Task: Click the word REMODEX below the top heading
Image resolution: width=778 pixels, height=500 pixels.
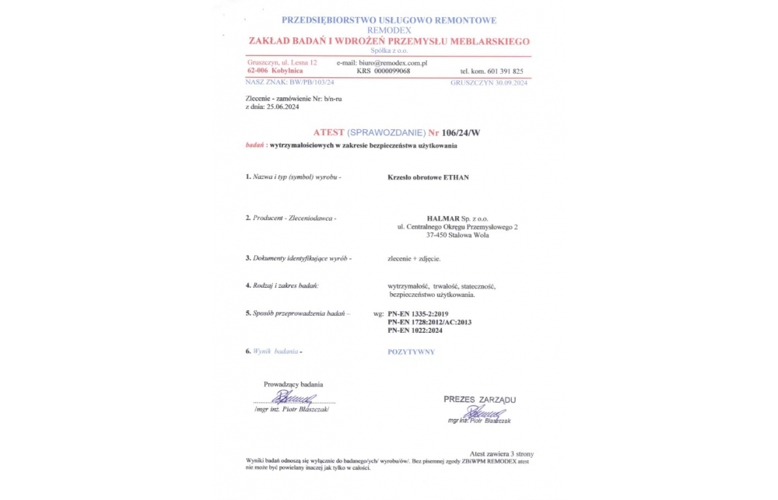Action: pyautogui.click(x=389, y=30)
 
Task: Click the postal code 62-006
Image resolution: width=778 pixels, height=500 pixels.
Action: pyautogui.click(x=258, y=71)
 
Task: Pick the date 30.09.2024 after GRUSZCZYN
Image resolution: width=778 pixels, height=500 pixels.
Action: pyautogui.click(x=509, y=82)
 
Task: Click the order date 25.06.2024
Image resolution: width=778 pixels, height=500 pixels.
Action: pyautogui.click(x=283, y=107)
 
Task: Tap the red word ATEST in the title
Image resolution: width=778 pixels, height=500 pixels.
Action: pyautogui.click(x=328, y=133)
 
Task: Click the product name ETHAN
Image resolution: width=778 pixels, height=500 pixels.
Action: pyautogui.click(x=456, y=177)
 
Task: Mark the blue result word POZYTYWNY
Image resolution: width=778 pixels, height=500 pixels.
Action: pyautogui.click(x=411, y=352)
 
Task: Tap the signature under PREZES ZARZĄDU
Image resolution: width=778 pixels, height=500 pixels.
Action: pyautogui.click(x=487, y=413)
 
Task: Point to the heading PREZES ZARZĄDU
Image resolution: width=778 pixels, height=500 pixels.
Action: pyautogui.click(x=479, y=400)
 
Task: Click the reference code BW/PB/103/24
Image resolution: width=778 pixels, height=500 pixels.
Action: pyautogui.click(x=311, y=82)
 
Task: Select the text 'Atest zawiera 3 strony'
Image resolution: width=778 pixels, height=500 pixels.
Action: pyautogui.click(x=501, y=453)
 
